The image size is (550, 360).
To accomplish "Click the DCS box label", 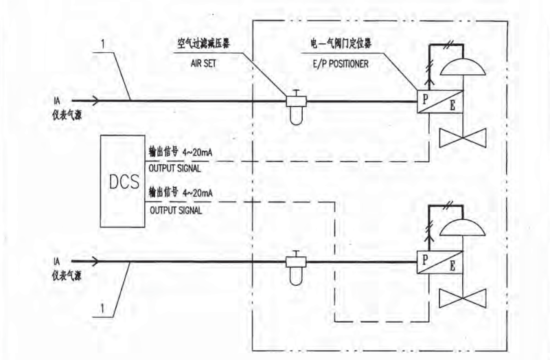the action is pyautogui.click(x=124, y=181).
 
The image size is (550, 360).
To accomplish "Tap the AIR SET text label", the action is pyautogui.click(x=203, y=63).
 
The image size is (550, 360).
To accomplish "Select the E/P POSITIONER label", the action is pyautogui.click(x=341, y=64).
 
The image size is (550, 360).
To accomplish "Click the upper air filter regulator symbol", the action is pyautogui.click(x=297, y=107).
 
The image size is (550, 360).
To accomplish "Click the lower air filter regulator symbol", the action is pyautogui.click(x=297, y=268).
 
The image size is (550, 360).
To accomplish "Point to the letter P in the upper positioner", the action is pyautogui.click(x=425, y=100).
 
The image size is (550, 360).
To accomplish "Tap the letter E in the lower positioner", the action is pyautogui.click(x=452, y=267).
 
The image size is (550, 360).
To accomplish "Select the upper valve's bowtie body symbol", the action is pyautogui.click(x=463, y=138).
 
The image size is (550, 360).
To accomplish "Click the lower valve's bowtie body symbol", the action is pyautogui.click(x=463, y=298).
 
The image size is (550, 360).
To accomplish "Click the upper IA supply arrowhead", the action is pyautogui.click(x=95, y=101).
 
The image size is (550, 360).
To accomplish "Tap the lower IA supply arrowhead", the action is pyautogui.click(x=95, y=261).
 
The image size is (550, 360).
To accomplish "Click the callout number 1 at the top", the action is pyautogui.click(x=103, y=44).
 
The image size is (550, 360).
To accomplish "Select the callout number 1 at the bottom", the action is pyautogui.click(x=102, y=308).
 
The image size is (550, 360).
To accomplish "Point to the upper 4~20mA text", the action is pyautogui.click(x=198, y=153).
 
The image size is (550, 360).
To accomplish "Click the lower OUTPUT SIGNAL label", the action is pyautogui.click(x=176, y=210).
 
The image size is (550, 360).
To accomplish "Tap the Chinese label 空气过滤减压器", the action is pyautogui.click(x=203, y=44).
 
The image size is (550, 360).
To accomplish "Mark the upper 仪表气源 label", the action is pyautogui.click(x=67, y=115).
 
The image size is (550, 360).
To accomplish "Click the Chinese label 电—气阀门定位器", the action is pyautogui.click(x=341, y=44).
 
